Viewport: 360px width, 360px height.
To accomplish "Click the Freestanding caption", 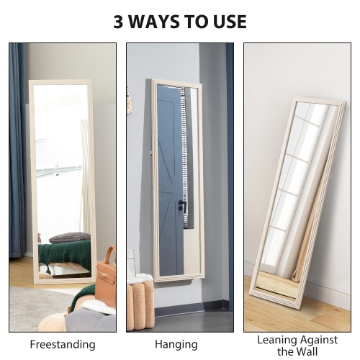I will (x=63, y=344).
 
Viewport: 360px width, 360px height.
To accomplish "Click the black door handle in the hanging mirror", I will (x=182, y=207).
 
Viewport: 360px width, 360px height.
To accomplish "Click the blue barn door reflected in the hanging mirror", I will (x=170, y=173).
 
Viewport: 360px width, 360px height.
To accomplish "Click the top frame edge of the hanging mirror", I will (x=176, y=82).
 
